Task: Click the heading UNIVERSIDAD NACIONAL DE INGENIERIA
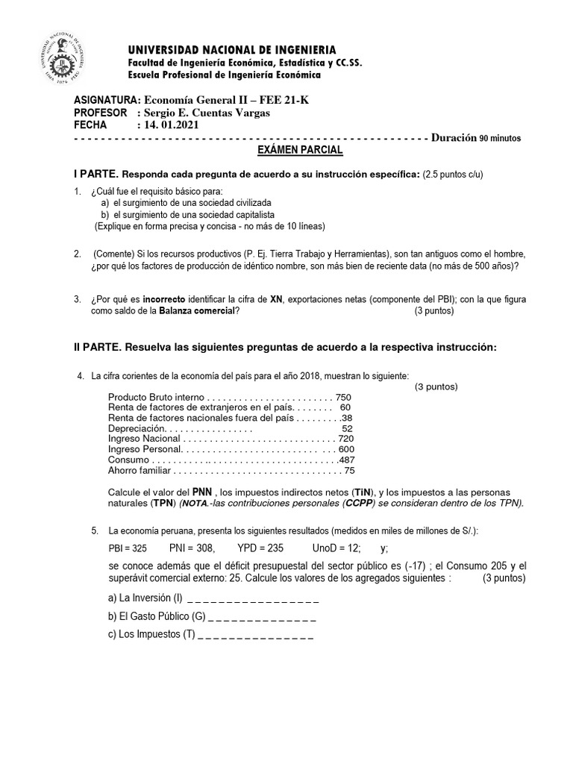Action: pos(232,48)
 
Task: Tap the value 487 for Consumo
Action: pos(346,460)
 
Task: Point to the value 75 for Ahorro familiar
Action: pos(349,471)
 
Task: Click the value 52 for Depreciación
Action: pos(347,429)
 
